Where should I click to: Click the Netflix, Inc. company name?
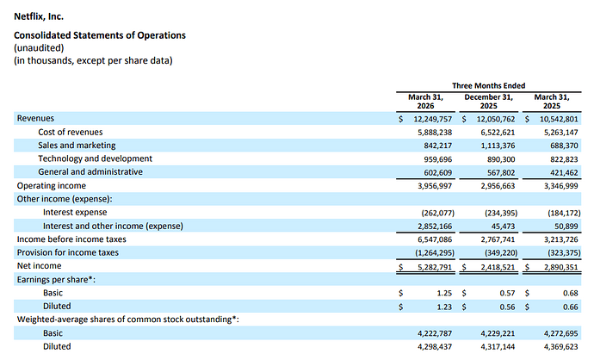click(x=39, y=16)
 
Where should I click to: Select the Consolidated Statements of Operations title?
click(x=100, y=35)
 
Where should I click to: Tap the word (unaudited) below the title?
click(x=39, y=48)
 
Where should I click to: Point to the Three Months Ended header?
click(x=488, y=85)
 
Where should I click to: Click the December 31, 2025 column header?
click(x=488, y=102)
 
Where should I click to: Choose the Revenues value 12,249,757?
click(x=433, y=119)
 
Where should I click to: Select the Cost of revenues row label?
click(x=70, y=132)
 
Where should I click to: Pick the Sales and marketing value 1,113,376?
click(x=498, y=146)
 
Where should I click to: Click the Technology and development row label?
click(x=95, y=158)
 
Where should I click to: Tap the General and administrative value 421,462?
click(x=564, y=173)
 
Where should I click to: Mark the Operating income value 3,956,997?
click(x=435, y=186)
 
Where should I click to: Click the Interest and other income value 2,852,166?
click(x=435, y=227)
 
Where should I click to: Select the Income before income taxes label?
click(x=71, y=239)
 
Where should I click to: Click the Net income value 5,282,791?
click(x=435, y=267)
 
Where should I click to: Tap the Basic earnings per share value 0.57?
click(x=507, y=293)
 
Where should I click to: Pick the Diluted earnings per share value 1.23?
click(x=444, y=307)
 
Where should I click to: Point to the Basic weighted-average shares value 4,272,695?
click(x=561, y=333)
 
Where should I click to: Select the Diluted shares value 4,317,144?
click(x=498, y=347)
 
